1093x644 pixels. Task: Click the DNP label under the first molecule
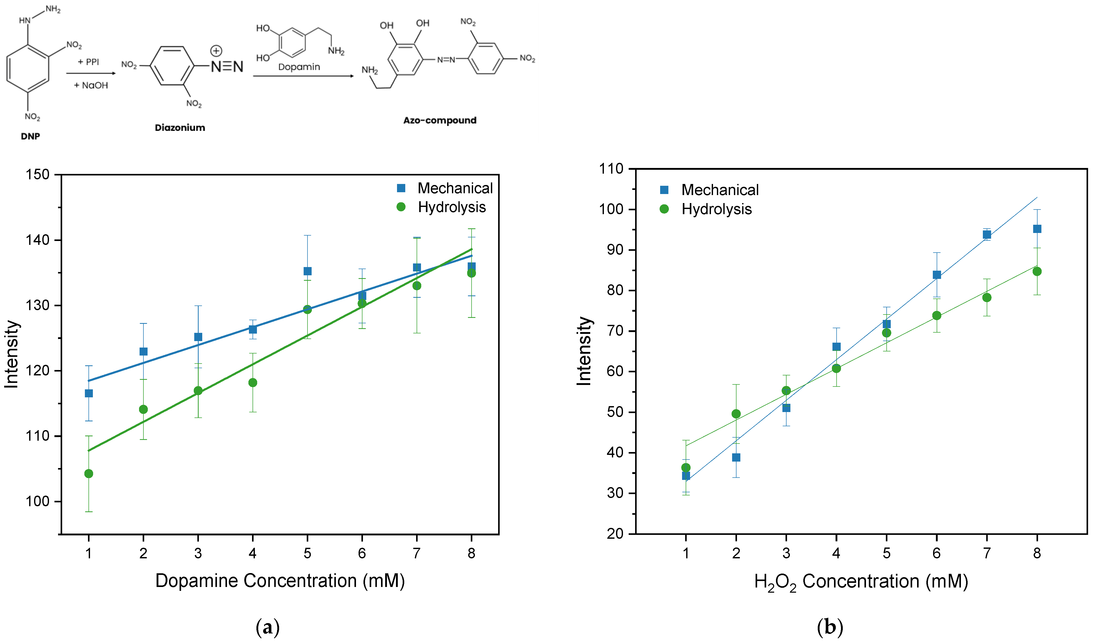click(30, 136)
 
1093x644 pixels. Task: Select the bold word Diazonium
click(180, 127)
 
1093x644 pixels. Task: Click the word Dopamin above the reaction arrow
click(299, 67)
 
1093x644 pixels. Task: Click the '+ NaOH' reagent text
click(91, 85)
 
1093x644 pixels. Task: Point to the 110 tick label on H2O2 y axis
click(611, 169)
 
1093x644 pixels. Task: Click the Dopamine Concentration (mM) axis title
click(280, 581)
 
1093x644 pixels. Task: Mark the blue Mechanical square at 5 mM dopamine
click(307, 271)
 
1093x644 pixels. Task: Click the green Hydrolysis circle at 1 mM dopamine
click(88, 473)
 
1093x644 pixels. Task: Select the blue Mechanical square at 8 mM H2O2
click(1037, 229)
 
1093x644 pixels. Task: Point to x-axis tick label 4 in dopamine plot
click(253, 553)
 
